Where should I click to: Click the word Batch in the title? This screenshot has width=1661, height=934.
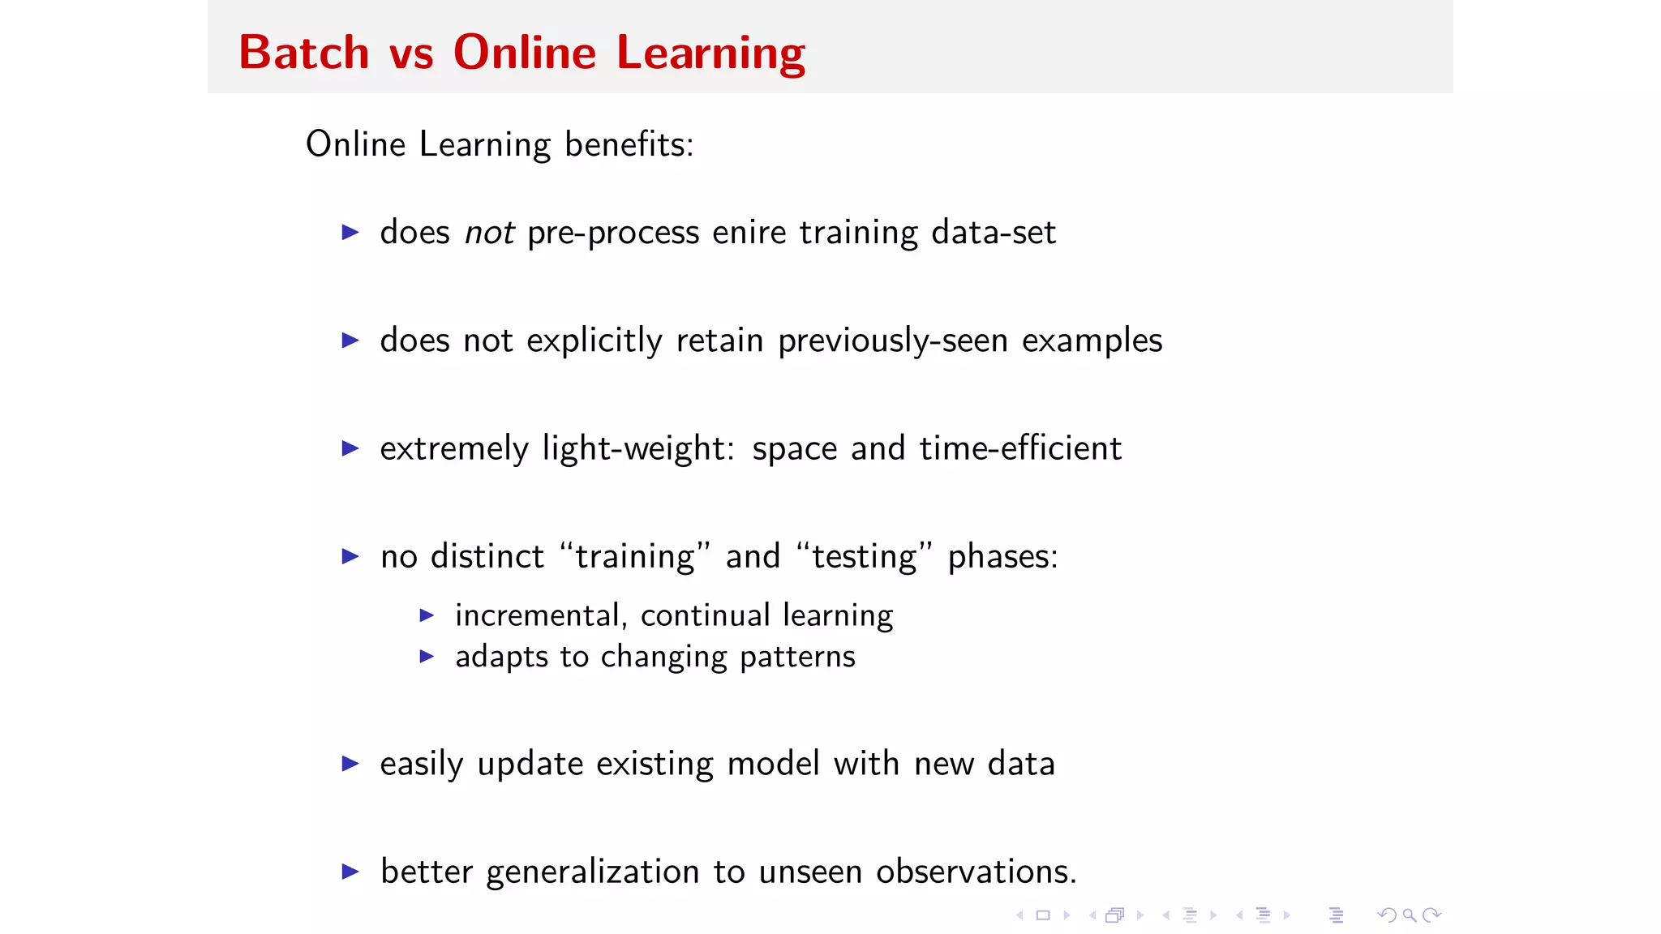click(x=303, y=53)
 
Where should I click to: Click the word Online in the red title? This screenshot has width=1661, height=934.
click(x=524, y=53)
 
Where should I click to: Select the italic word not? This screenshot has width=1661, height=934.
click(x=489, y=233)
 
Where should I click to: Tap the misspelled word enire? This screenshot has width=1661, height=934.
click(x=749, y=233)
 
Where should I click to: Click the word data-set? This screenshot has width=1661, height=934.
click(x=993, y=233)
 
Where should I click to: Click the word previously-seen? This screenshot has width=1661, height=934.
click(x=892, y=341)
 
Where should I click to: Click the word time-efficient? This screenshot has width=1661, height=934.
click(x=1019, y=448)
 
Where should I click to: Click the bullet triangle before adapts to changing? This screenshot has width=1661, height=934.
click(x=427, y=657)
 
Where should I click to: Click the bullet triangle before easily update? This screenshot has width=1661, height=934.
click(x=350, y=764)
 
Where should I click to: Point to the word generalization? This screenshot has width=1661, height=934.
click(x=592, y=872)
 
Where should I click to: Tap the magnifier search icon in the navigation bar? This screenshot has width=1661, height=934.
click(x=1410, y=915)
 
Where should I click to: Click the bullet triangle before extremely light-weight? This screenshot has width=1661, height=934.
click(x=350, y=448)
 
